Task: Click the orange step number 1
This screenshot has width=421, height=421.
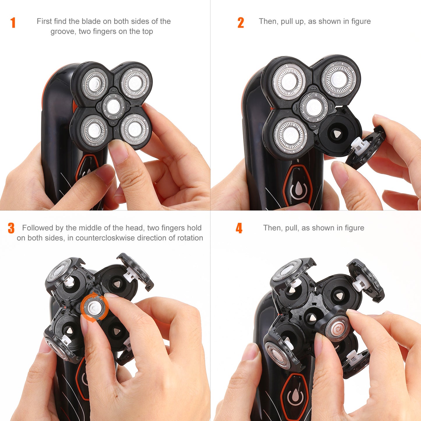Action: [13, 23]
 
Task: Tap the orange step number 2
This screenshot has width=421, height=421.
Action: [240, 23]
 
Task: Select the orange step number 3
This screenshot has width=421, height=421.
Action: [11, 228]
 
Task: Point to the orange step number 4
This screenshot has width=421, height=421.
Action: [239, 228]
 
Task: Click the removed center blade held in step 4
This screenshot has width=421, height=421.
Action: [338, 328]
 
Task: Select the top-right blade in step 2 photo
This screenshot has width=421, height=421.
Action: [338, 79]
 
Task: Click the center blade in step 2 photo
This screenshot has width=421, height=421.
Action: [314, 107]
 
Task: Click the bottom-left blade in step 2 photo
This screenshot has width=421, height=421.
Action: [290, 135]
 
